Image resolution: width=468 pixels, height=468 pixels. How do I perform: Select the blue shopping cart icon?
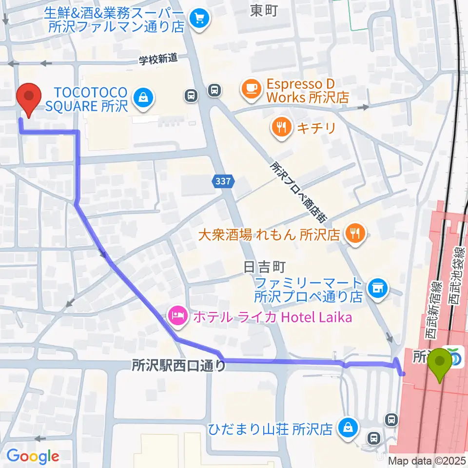pos(199,19)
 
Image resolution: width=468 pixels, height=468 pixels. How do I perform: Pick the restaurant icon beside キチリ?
pos(281,128)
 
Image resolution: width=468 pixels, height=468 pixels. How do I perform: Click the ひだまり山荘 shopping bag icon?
pos(349,428)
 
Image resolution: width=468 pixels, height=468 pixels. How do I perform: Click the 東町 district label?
pos(264,11)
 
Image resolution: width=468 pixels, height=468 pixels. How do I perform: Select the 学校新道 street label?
pos(158,59)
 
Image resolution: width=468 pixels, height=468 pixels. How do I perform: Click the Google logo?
pos(33,456)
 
